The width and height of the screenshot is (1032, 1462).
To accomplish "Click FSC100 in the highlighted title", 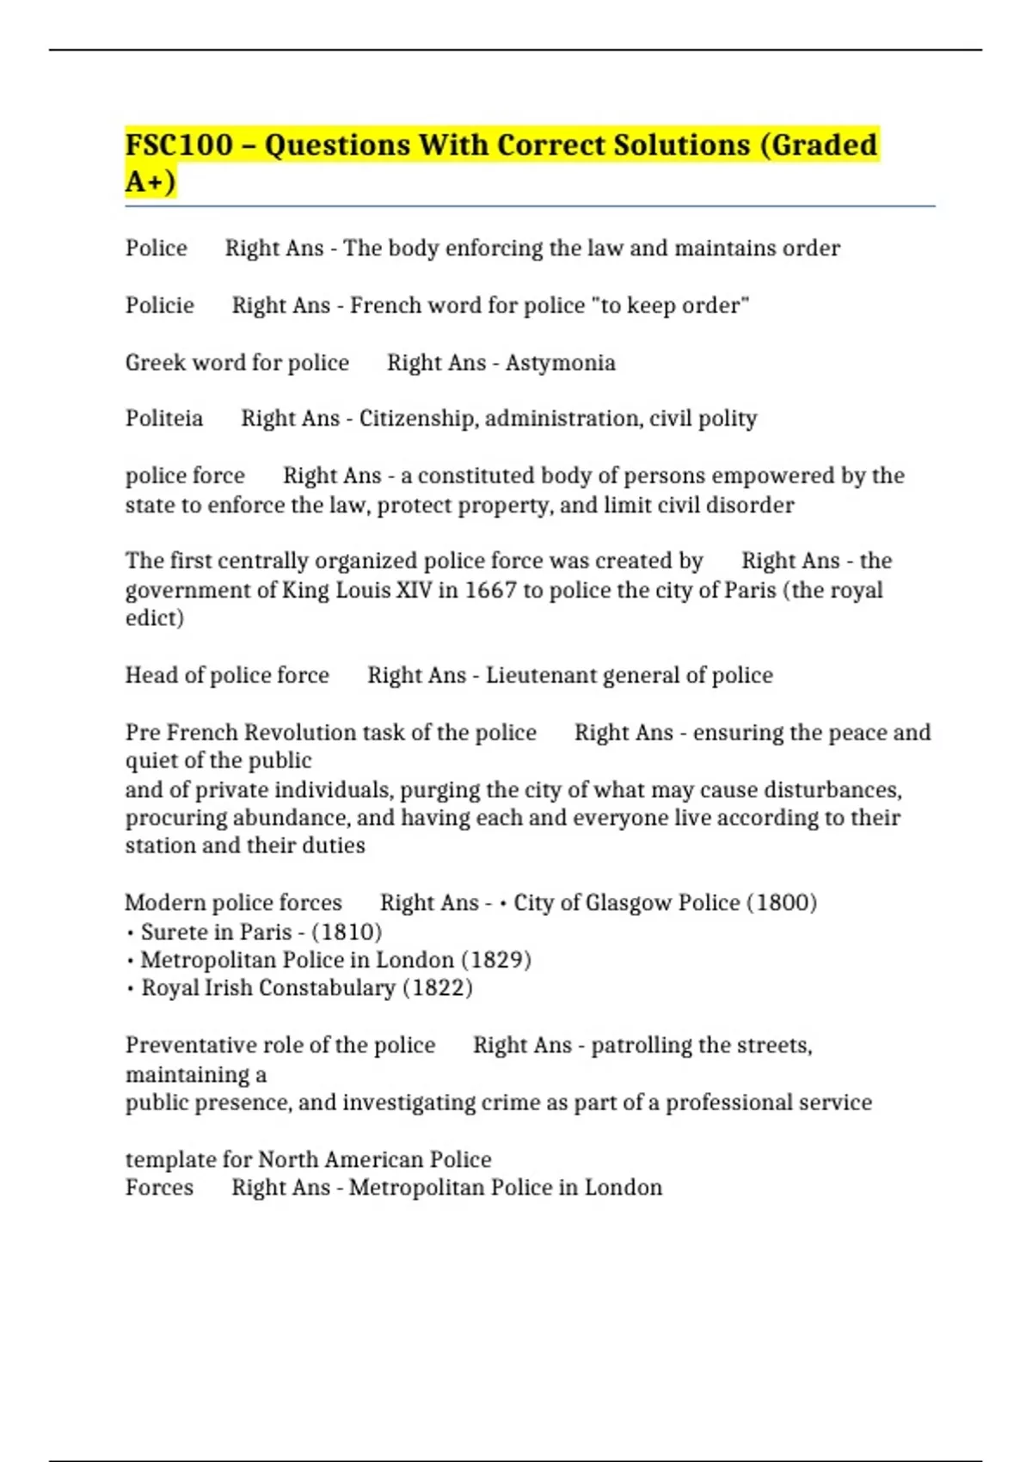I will pos(179,144).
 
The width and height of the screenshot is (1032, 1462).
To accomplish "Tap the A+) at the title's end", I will pos(150,181).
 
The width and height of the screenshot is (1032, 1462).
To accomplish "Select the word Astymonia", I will pos(560,362).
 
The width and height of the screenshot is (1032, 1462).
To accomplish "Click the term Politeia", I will pos(164,418).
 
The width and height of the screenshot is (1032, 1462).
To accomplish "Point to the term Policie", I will pos(160,305).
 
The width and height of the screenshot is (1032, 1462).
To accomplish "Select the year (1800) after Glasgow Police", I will pos(781,902).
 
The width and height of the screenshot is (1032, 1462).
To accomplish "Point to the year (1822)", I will pos(438,987).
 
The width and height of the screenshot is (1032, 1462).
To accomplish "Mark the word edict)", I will pos(155,617).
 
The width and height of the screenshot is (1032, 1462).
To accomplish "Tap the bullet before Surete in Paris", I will pos(130,933).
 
